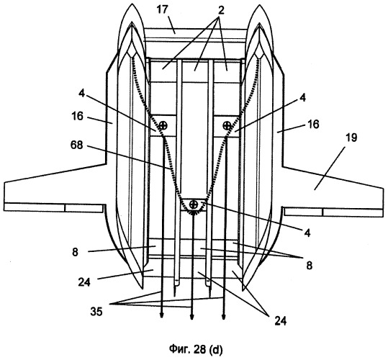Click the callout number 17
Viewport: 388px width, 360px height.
tap(164, 10)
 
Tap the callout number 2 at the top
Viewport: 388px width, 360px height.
tap(221, 10)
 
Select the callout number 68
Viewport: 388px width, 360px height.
tap(76, 145)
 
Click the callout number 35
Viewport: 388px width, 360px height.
tap(96, 312)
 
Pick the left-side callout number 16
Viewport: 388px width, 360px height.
tap(78, 116)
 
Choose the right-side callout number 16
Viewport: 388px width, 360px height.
tap(313, 124)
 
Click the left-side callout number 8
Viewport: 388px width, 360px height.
tap(75, 252)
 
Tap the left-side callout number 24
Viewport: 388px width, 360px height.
tap(84, 282)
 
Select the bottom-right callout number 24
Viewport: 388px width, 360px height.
tap(280, 321)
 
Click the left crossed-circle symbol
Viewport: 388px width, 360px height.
tap(163, 125)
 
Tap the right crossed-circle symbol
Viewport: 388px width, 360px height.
tap(227, 125)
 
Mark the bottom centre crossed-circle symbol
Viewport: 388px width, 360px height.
tap(194, 204)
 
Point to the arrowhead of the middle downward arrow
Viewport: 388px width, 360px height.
tap(191, 316)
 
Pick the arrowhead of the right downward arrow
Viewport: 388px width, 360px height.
tap(223, 316)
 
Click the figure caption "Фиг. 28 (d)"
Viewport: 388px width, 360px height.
tap(196, 349)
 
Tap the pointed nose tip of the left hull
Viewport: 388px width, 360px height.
tap(132, 4)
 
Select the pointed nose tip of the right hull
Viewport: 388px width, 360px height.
tap(259, 4)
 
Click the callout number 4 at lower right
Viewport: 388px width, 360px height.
tap(307, 233)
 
